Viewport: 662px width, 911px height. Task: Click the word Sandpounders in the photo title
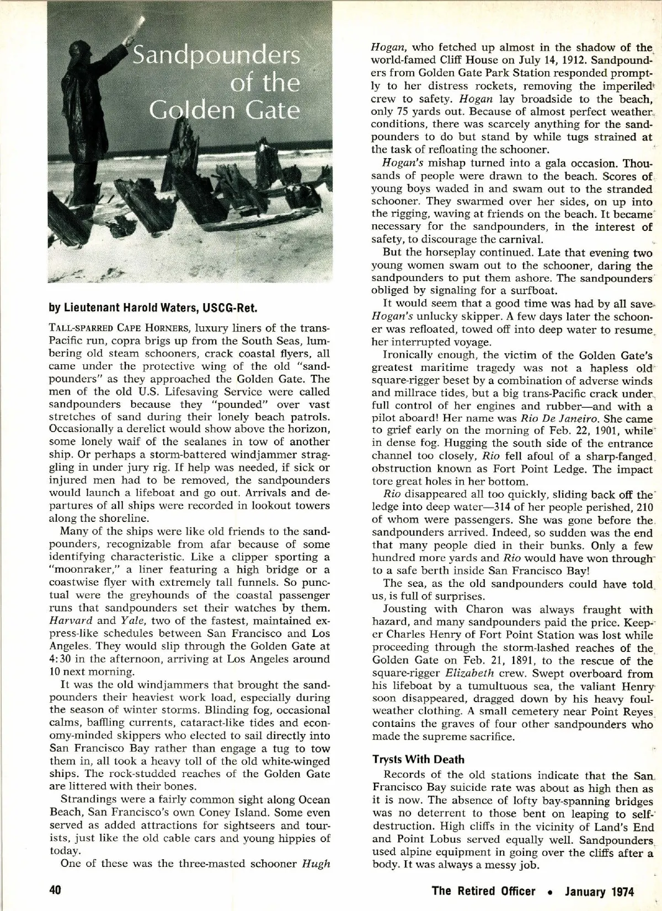[x=215, y=56]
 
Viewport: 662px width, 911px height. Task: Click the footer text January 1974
[x=599, y=891]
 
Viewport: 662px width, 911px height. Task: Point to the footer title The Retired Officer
[x=483, y=891]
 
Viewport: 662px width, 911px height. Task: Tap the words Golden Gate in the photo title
[x=225, y=110]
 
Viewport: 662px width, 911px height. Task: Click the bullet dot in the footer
[x=550, y=892]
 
